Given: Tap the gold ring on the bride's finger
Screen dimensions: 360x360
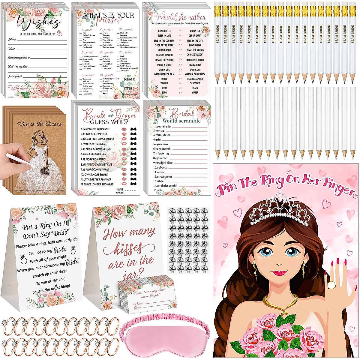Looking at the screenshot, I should click(331, 285).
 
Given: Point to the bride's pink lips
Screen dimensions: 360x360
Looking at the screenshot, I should click(280, 273).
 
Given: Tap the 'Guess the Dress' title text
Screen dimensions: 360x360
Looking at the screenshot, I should click(40, 124).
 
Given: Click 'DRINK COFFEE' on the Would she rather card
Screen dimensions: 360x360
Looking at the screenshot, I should click(164, 31).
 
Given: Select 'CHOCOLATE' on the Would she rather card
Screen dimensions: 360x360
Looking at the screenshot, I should click(195, 83).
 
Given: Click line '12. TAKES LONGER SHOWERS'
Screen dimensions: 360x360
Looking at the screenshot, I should click(97, 184).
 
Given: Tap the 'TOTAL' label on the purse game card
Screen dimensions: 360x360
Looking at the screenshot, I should click(129, 88).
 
